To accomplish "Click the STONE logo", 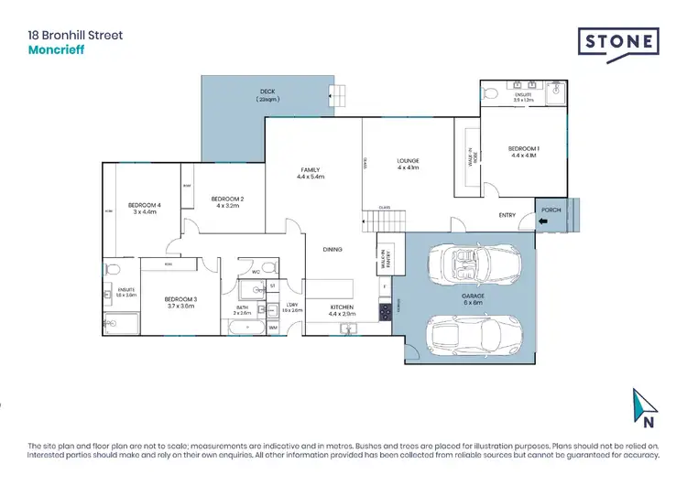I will click(x=618, y=42).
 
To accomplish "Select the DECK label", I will click(x=267, y=92).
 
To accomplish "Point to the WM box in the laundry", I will click(x=273, y=327).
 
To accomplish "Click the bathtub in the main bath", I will click(x=243, y=326).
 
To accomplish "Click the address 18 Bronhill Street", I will click(x=75, y=36).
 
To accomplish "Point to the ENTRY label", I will click(x=507, y=216).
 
